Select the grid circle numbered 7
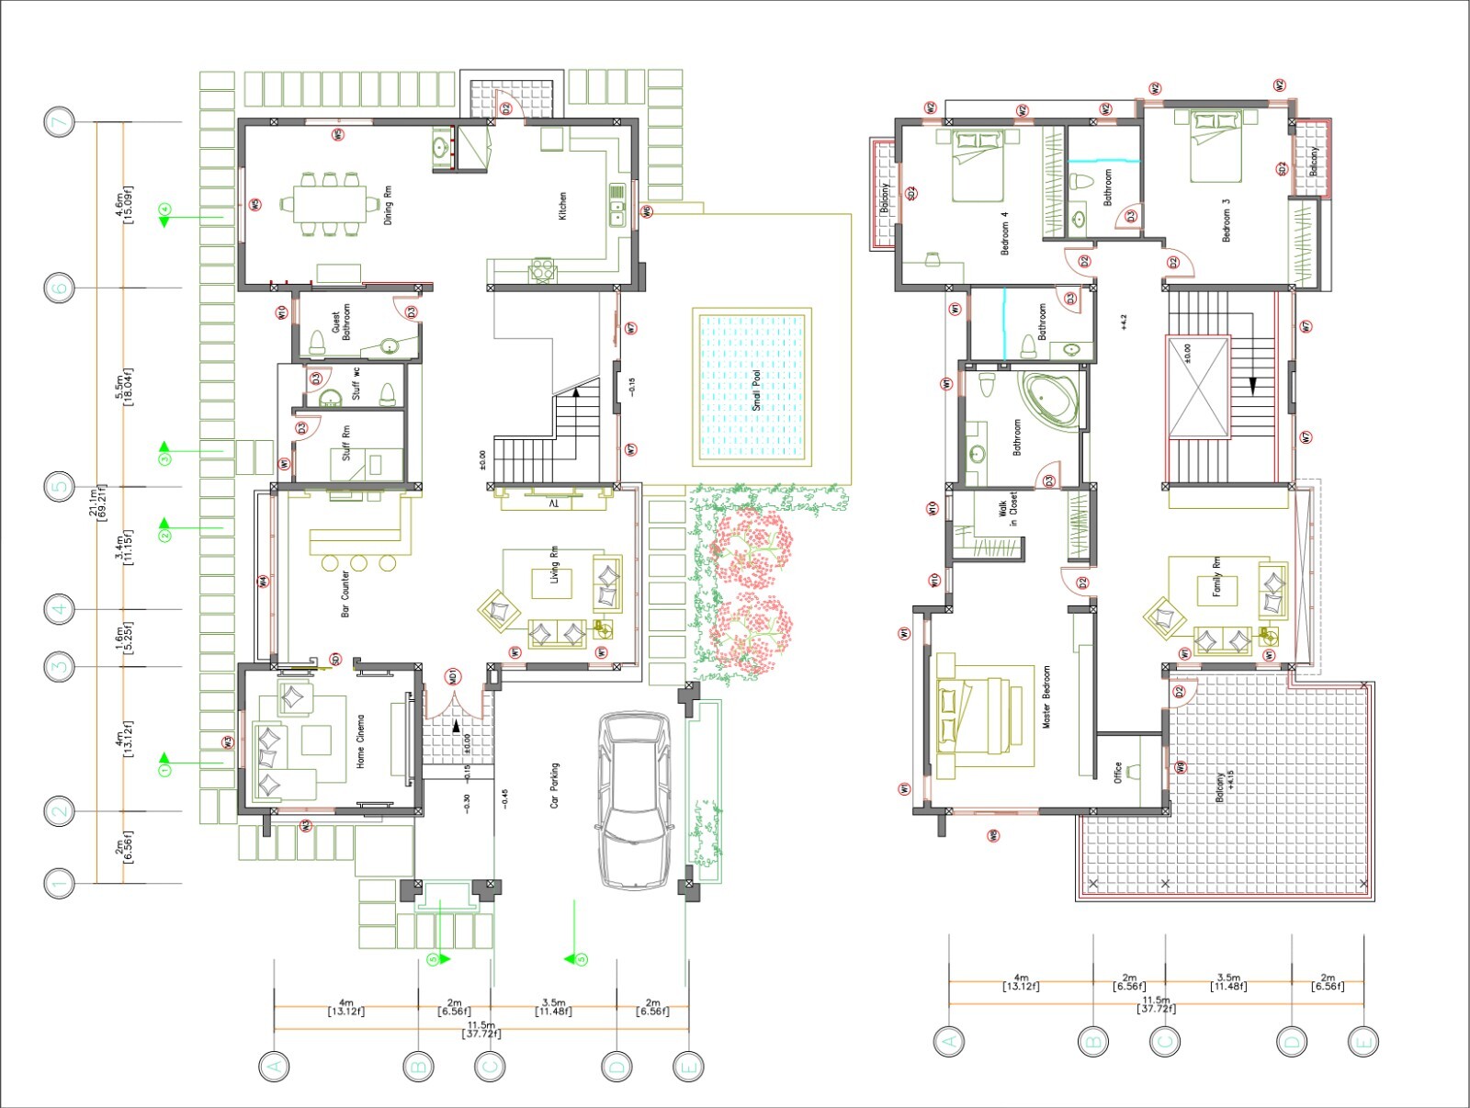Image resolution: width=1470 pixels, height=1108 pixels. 60,122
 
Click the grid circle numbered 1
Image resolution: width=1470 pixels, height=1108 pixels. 60,884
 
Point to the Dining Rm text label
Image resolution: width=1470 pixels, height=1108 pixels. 388,208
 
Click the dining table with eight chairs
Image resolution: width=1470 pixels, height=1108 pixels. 329,204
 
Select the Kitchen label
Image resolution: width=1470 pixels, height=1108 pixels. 562,206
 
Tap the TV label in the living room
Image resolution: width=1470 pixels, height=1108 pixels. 553,504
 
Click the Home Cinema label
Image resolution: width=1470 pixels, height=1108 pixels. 361,741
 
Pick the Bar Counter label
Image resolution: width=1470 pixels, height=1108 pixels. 345,594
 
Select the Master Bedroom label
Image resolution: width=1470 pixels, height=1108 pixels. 1046,697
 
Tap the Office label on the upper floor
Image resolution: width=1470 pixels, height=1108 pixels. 1118,772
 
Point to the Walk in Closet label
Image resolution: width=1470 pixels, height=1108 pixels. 1008,510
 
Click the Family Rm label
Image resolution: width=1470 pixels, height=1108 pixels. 1216,577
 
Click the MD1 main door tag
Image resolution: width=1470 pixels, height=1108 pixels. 453,678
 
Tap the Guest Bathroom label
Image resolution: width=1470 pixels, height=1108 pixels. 341,322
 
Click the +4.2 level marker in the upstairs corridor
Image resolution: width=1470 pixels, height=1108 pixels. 1124,322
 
